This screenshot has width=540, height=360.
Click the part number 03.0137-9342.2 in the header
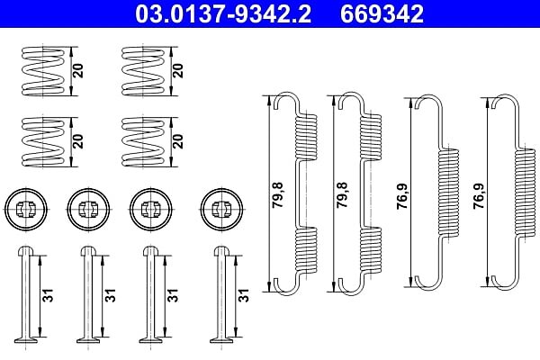pyautogui.click(x=223, y=13)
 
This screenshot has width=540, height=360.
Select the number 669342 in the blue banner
pyautogui.click(x=382, y=13)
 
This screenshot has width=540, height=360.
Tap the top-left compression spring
pyautogui.click(x=43, y=71)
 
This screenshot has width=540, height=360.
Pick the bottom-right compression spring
pyautogui.click(x=143, y=142)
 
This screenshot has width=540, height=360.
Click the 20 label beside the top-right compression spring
pyautogui.click(x=178, y=70)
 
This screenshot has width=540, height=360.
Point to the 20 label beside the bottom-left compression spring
pyautogui.click(x=77, y=141)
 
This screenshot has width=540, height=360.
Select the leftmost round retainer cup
pyautogui.click(x=26, y=209)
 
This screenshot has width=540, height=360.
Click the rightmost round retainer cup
pyautogui.click(x=221, y=209)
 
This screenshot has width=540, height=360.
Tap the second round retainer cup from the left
pyautogui.click(x=88, y=209)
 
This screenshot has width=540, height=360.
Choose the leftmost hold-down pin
pyautogui.click(x=26, y=294)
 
